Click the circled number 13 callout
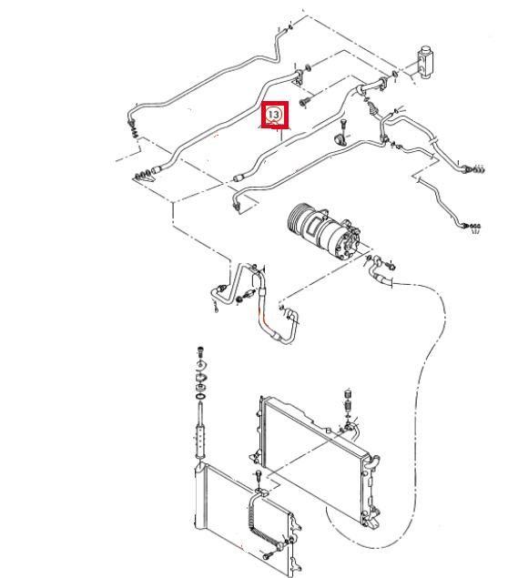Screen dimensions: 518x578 coord(273,115)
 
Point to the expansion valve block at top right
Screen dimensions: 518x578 coord(425,61)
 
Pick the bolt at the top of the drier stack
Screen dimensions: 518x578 coord(200,351)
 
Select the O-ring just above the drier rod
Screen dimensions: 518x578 coord(200,397)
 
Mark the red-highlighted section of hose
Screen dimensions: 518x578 coord(263,317)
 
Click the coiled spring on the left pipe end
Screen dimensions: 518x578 coord(134,129)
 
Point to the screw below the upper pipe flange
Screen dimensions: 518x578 coord(305,101)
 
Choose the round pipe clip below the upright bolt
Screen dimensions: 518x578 coord(340,139)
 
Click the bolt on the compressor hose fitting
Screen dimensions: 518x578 coord(391,266)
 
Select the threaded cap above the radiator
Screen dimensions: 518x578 coord(347,393)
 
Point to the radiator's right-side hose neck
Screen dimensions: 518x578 coord(373,461)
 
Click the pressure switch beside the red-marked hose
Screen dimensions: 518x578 coord(248,295)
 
